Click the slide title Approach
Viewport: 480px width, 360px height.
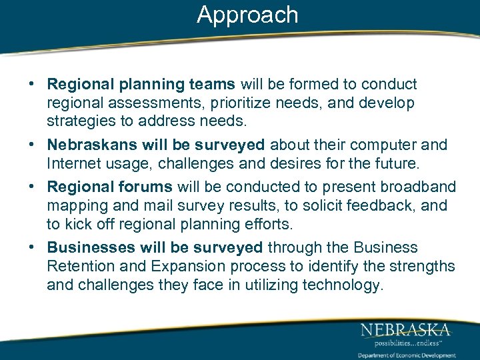pos(247,15)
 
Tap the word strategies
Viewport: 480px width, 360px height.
pos(79,122)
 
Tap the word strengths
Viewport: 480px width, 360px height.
pos(421,267)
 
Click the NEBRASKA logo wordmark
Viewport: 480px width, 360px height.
pos(405,329)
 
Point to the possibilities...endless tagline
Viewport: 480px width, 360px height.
pos(405,342)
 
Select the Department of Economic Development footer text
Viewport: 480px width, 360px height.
pos(407,355)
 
